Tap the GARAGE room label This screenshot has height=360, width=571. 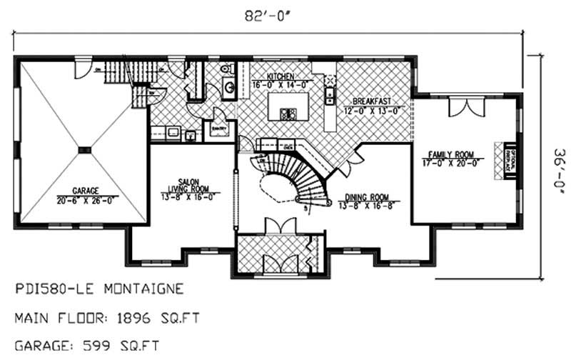pos(84,191)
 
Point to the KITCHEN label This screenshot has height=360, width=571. pos(281,76)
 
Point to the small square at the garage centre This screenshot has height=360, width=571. pos(84,149)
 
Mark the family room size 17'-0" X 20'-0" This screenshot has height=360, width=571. pos(451,163)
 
